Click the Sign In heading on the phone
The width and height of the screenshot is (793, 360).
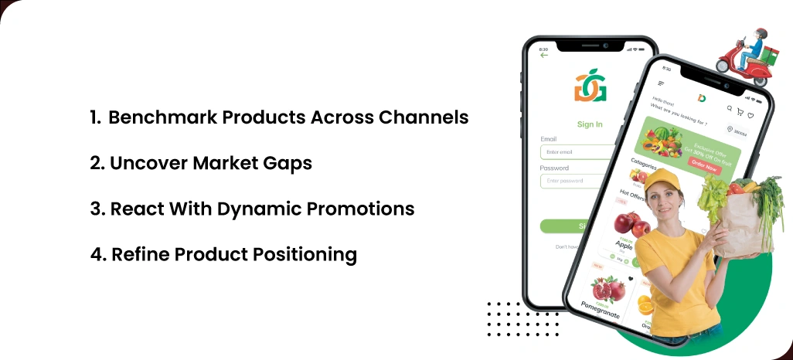pyautogui.click(x=590, y=124)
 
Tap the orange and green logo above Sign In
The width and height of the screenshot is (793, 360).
pyautogui.click(x=590, y=87)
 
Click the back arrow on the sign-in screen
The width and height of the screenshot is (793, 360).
pyautogui.click(x=544, y=55)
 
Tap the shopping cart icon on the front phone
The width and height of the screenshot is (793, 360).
pyautogui.click(x=740, y=111)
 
